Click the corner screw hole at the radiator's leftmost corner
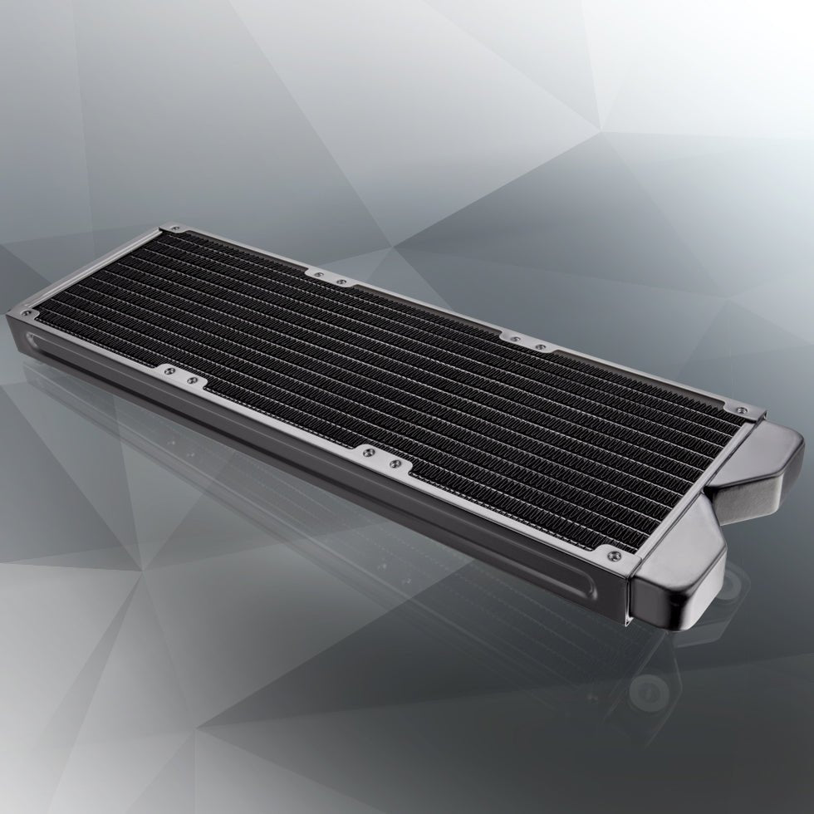tap(32, 313)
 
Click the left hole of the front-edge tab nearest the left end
tap(169, 371)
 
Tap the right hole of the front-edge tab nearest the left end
tap(193, 380)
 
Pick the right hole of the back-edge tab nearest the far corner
tap(341, 282)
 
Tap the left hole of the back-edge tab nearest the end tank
tap(516, 337)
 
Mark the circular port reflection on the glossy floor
tap(644, 689)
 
